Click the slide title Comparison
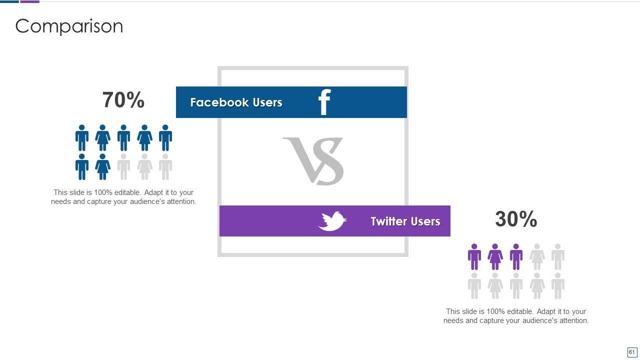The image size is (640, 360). point(69,26)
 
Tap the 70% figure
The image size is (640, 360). point(123,100)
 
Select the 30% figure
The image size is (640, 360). point(516,219)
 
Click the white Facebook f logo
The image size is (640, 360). point(324,102)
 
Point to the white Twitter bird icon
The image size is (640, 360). point(332,221)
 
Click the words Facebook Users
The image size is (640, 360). point(236,102)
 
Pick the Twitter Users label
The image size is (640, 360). point(405,221)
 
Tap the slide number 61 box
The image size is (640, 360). point(631,352)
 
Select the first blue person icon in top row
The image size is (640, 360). point(82,138)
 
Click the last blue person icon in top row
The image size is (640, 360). point(165,138)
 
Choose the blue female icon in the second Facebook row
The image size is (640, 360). point(102,167)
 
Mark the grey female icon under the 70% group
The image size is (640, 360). point(144,167)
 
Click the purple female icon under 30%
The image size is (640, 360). point(495,257)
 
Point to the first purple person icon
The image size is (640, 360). point(474,257)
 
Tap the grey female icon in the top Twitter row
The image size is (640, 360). point(537,257)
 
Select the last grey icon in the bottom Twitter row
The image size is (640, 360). point(558,286)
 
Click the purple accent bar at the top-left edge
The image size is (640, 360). point(29,1)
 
